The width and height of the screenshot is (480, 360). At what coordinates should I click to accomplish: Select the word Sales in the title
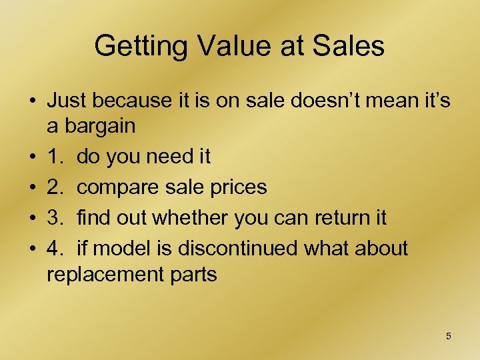click(351, 47)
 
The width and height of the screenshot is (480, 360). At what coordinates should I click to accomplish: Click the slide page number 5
click(448, 336)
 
